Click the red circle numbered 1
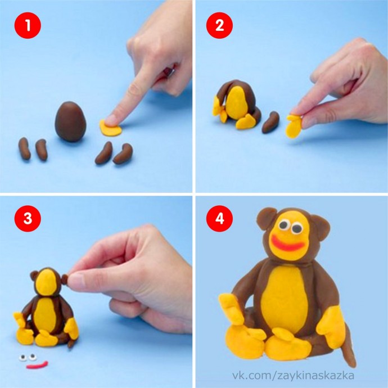(28, 25)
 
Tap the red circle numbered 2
(219, 25)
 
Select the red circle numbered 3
(28, 219)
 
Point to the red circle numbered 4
(219, 219)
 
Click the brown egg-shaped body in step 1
(71, 121)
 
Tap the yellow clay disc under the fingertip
(111, 128)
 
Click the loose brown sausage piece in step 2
(270, 122)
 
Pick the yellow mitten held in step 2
(294, 126)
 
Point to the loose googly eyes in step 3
(28, 357)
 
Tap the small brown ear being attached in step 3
(65, 279)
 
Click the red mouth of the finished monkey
(288, 243)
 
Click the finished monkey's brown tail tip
(353, 363)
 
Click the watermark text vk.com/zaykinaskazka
(293, 376)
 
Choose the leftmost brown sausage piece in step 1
(24, 148)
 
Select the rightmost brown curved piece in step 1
(123, 154)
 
